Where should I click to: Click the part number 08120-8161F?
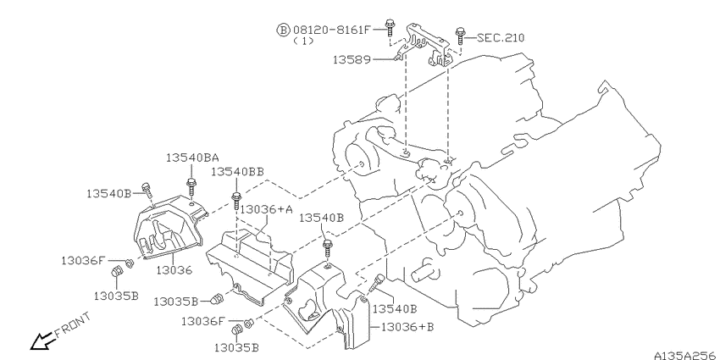[331, 30]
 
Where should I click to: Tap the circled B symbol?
[283, 30]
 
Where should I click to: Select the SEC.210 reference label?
[501, 37]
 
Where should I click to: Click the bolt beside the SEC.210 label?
[460, 36]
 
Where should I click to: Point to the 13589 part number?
[352, 59]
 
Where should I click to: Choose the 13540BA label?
[192, 158]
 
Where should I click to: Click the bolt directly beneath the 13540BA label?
[191, 187]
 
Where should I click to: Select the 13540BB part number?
[237, 172]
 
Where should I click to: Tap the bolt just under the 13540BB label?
[236, 201]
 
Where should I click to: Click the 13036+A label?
[266, 209]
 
